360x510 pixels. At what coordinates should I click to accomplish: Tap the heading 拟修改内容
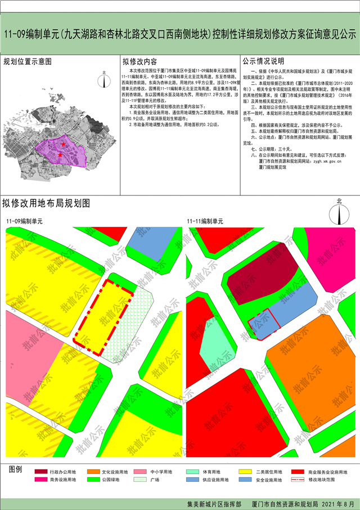[140, 61]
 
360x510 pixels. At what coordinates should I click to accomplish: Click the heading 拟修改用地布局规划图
[46, 203]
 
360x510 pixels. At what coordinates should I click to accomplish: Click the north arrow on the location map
[105, 79]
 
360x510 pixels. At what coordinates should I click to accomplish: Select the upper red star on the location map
[64, 145]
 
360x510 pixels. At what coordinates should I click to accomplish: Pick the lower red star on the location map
[60, 155]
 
